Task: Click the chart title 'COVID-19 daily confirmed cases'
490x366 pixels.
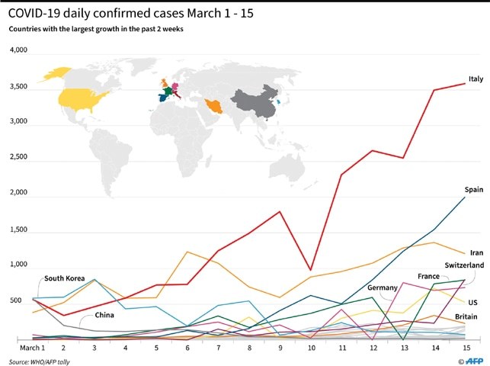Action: pos(96,13)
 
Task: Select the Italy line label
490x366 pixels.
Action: pos(476,79)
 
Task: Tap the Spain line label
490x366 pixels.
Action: pos(474,190)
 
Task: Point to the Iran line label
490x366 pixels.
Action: pos(476,252)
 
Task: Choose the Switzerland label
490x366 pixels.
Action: pos(464,265)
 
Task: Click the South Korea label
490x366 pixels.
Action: pos(64,278)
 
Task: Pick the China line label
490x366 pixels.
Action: pos(104,315)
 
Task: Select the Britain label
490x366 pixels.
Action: pos(466,316)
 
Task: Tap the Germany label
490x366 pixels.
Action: pos(383,288)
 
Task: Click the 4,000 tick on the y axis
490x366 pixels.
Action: pos(18,50)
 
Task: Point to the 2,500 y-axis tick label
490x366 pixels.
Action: pos(18,157)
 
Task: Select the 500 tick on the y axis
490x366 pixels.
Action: pos(16,300)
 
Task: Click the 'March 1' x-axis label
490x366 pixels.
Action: pos(32,348)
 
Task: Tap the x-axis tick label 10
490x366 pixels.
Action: pos(311,348)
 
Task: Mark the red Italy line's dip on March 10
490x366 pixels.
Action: pos(310,270)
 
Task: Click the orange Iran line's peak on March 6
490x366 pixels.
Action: pos(187,252)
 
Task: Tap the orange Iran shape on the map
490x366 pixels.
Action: pos(214,106)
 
